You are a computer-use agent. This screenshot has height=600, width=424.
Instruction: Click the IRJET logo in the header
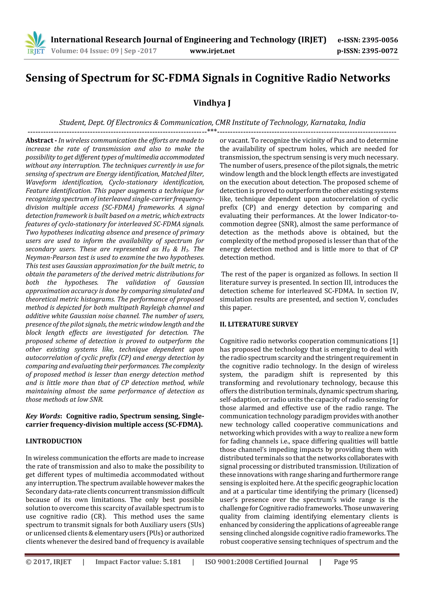click(x=35, y=43)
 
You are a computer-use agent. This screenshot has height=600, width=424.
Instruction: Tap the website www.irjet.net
click(x=212, y=51)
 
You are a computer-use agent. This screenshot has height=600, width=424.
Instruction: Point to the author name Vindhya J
click(x=212, y=103)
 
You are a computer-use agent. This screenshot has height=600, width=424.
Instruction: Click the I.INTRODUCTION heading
click(x=54, y=441)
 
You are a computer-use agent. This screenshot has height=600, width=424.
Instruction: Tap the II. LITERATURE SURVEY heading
click(x=259, y=324)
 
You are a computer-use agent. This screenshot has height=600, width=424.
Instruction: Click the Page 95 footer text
click(x=345, y=562)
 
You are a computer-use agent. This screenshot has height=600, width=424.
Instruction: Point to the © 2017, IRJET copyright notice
click(x=48, y=562)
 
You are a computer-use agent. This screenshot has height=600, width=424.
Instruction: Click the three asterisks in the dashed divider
click(x=212, y=131)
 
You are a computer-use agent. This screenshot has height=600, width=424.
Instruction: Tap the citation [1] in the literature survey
click(x=394, y=341)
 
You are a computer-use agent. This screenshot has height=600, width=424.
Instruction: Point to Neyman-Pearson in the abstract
click(x=50, y=257)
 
